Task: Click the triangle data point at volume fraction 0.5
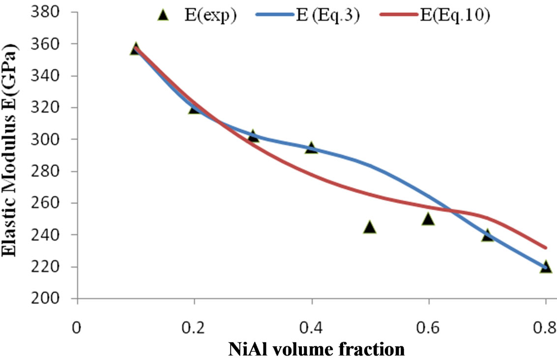click(370, 227)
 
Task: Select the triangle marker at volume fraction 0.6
click(428, 219)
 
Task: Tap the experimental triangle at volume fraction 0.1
click(136, 49)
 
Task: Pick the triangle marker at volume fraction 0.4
click(311, 147)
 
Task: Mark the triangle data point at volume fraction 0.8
click(545, 267)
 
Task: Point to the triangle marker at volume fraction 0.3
click(253, 135)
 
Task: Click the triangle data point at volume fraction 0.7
click(487, 235)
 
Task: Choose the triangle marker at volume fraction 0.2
click(194, 108)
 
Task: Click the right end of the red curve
click(546, 247)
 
